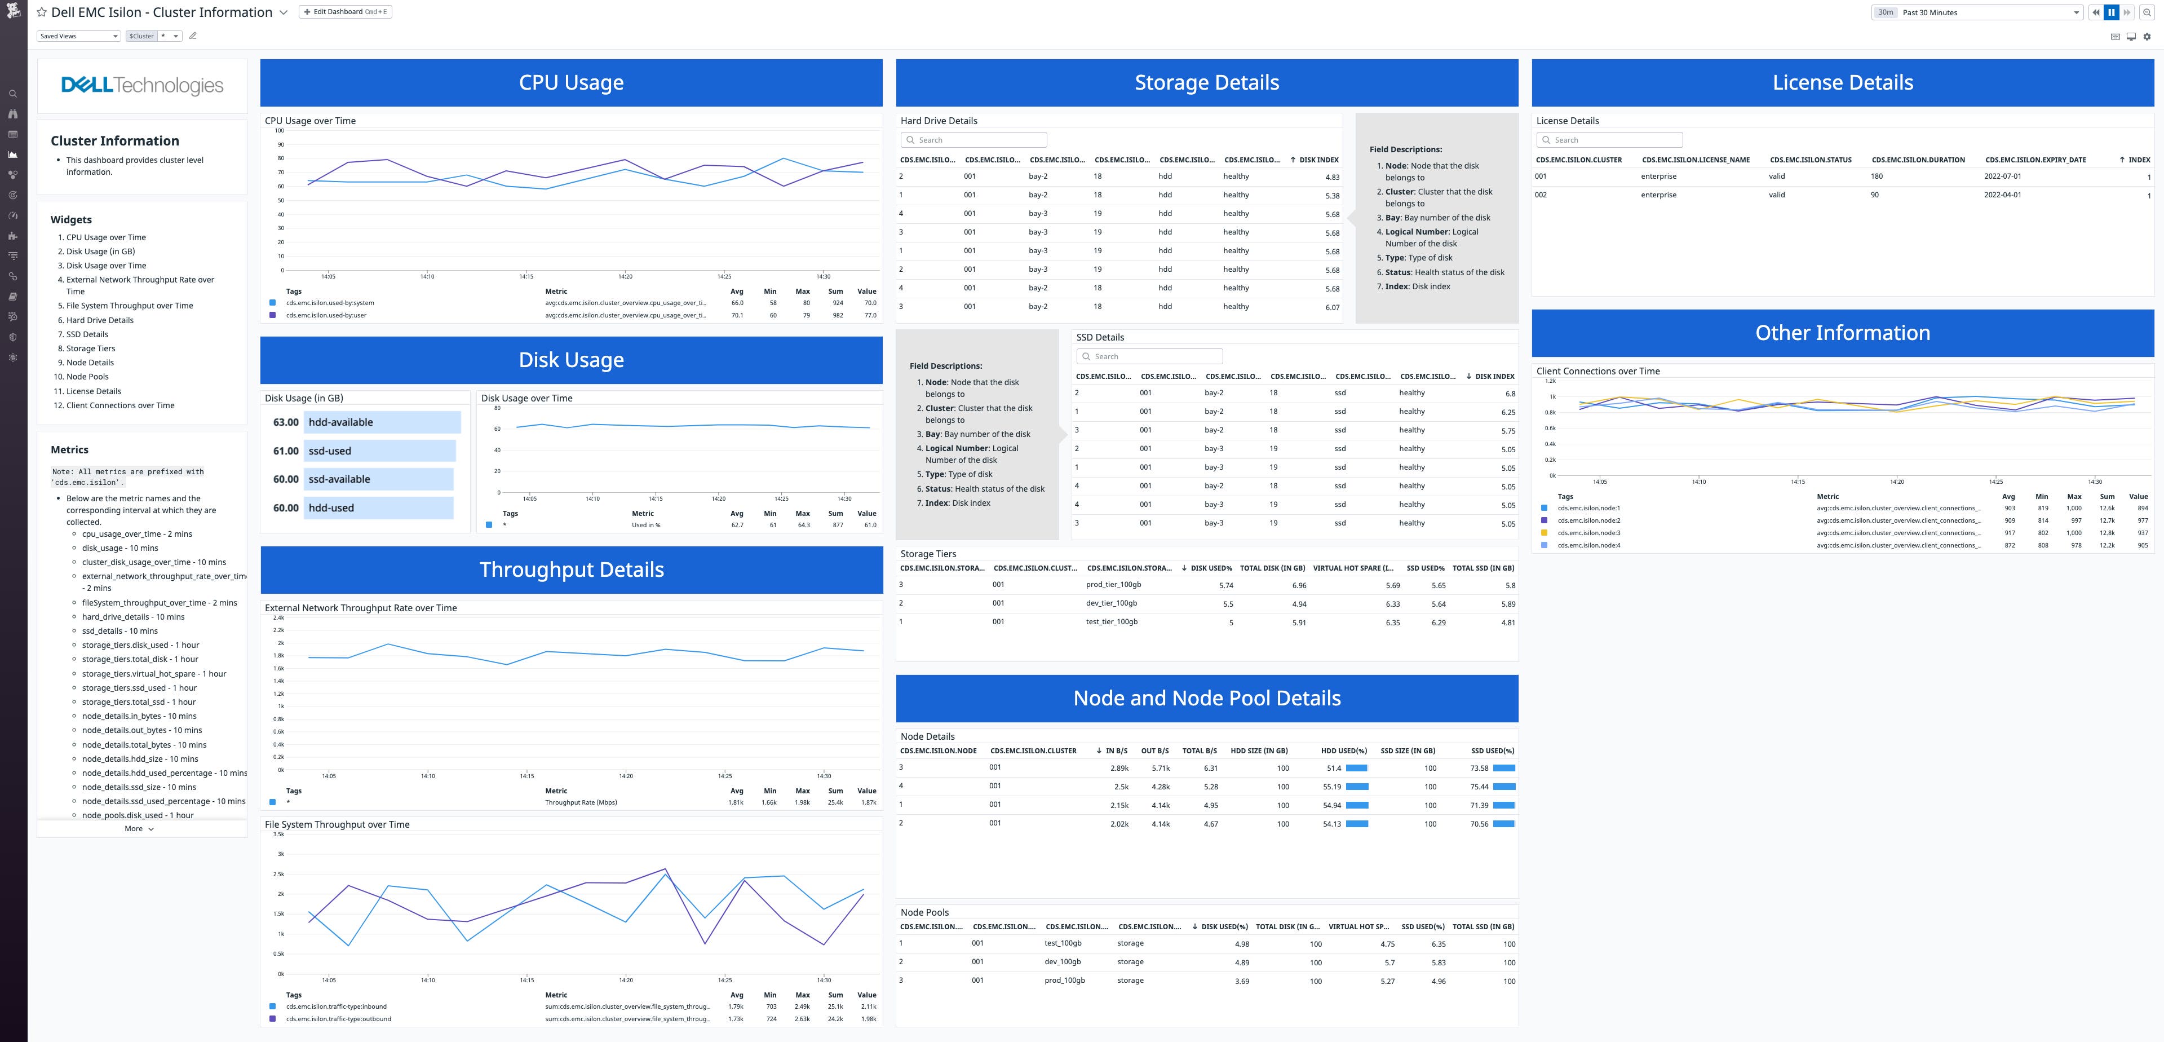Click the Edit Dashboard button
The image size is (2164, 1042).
coord(346,12)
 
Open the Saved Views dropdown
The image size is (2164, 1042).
coord(79,36)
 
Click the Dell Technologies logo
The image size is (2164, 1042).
coord(142,86)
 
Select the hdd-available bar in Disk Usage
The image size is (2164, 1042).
coord(382,422)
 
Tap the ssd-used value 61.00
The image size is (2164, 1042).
coord(286,451)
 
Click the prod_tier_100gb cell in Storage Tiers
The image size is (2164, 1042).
coord(1113,585)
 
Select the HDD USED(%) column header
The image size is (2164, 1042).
coord(1343,750)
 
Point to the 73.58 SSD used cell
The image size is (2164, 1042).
coord(1479,768)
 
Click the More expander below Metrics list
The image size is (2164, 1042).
coord(139,828)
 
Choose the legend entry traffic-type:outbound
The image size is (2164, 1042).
coord(338,1018)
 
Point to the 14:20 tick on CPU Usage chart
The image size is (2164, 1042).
coord(625,276)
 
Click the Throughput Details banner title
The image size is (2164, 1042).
coord(571,569)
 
